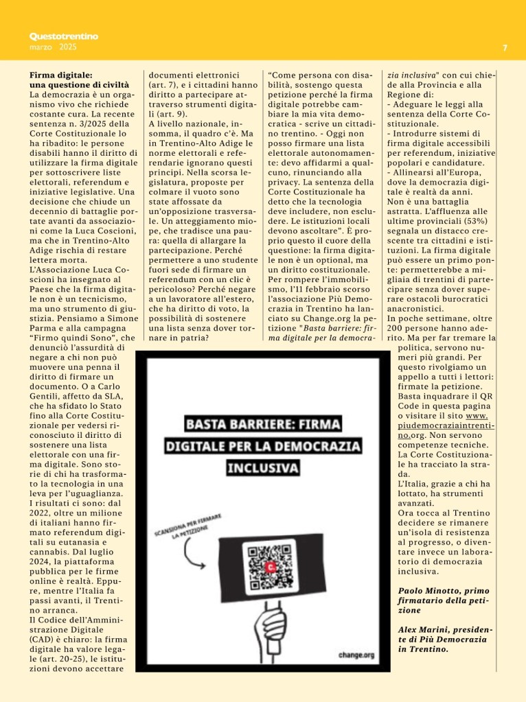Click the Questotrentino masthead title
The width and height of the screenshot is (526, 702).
(64, 36)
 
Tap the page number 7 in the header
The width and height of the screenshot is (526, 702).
(505, 48)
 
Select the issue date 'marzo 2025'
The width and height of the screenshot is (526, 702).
(54, 47)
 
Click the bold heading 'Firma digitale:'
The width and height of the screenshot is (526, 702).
(61, 74)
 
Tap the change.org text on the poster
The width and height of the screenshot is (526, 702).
(356, 655)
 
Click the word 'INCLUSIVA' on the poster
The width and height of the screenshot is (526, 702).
(264, 468)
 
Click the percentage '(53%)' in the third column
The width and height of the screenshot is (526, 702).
(483, 212)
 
